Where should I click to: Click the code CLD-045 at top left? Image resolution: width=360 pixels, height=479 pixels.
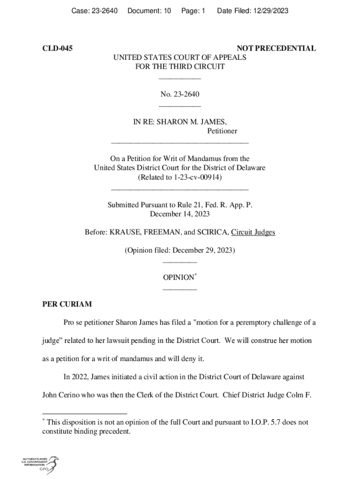point(58,48)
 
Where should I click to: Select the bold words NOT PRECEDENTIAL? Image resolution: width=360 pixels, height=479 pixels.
point(276,48)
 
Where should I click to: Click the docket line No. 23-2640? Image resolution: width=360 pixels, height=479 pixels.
point(180,94)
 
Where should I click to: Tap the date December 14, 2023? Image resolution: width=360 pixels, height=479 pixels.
point(180,214)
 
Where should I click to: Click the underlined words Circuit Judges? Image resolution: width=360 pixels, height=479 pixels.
point(256,232)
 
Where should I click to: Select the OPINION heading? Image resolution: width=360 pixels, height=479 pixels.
point(178,277)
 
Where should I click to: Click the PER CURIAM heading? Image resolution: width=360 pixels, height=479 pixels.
point(67,304)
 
